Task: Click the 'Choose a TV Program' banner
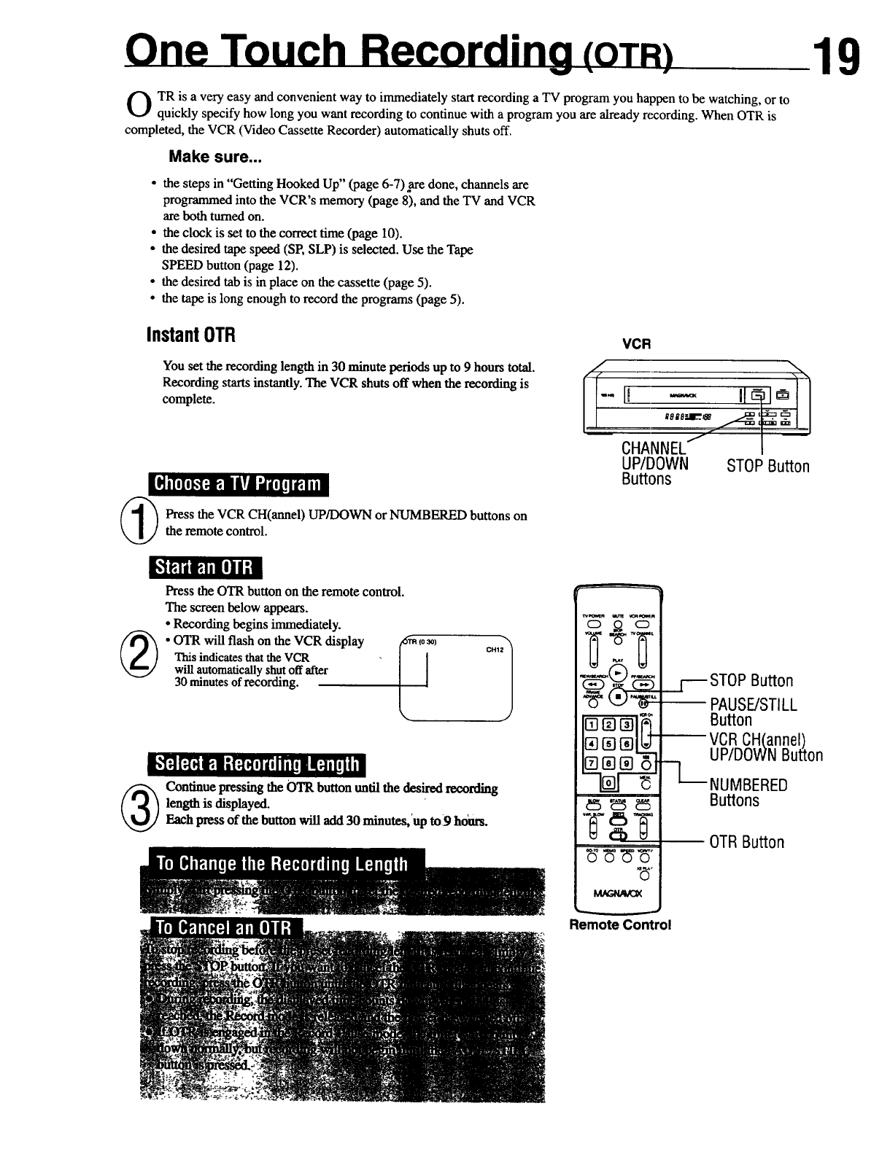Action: (238, 483)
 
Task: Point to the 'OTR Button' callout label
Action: (747, 842)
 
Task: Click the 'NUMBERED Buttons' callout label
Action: (748, 792)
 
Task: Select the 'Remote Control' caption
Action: (620, 924)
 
